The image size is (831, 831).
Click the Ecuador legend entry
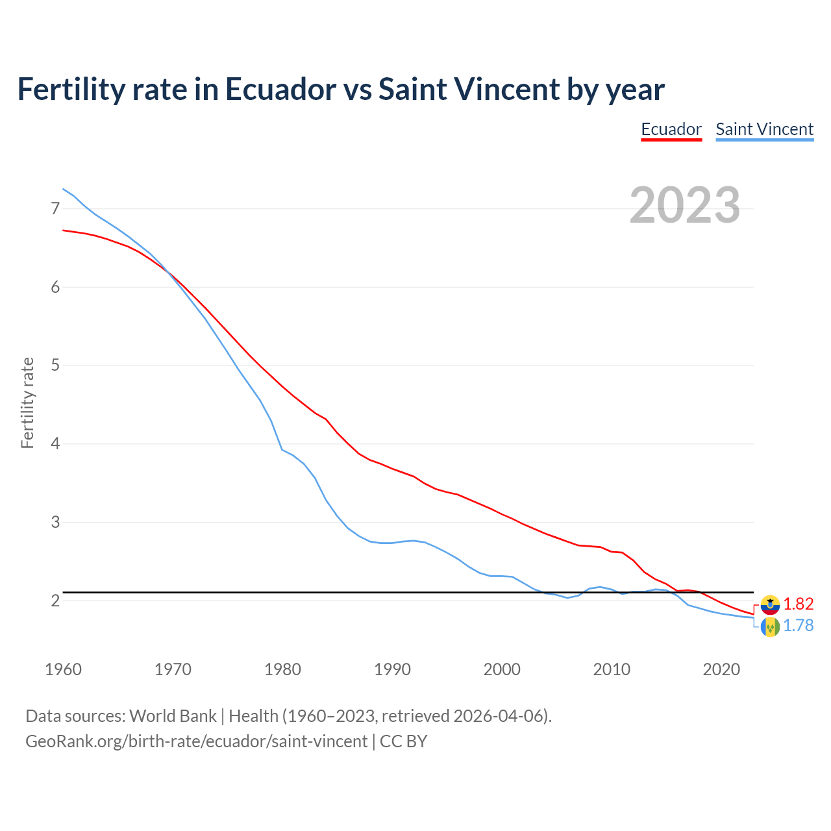pos(671,129)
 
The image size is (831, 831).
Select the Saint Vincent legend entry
pos(764,129)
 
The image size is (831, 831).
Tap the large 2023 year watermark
pos(685,205)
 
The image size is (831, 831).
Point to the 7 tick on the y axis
pos(55,208)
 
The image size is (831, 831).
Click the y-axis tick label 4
pos(55,444)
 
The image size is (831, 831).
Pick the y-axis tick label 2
pos(55,601)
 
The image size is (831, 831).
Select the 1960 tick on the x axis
pos(63,669)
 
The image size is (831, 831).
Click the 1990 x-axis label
pos(392,669)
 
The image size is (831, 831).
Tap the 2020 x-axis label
pos(721,669)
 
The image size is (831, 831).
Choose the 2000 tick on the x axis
pos(502,669)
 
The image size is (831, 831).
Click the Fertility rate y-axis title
pos(27,403)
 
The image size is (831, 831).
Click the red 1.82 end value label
pos(798,604)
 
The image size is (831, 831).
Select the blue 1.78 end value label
pos(798,625)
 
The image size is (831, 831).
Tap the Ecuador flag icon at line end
pos(770,605)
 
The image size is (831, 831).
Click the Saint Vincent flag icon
pos(770,626)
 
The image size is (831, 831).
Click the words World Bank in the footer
pos(173,716)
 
